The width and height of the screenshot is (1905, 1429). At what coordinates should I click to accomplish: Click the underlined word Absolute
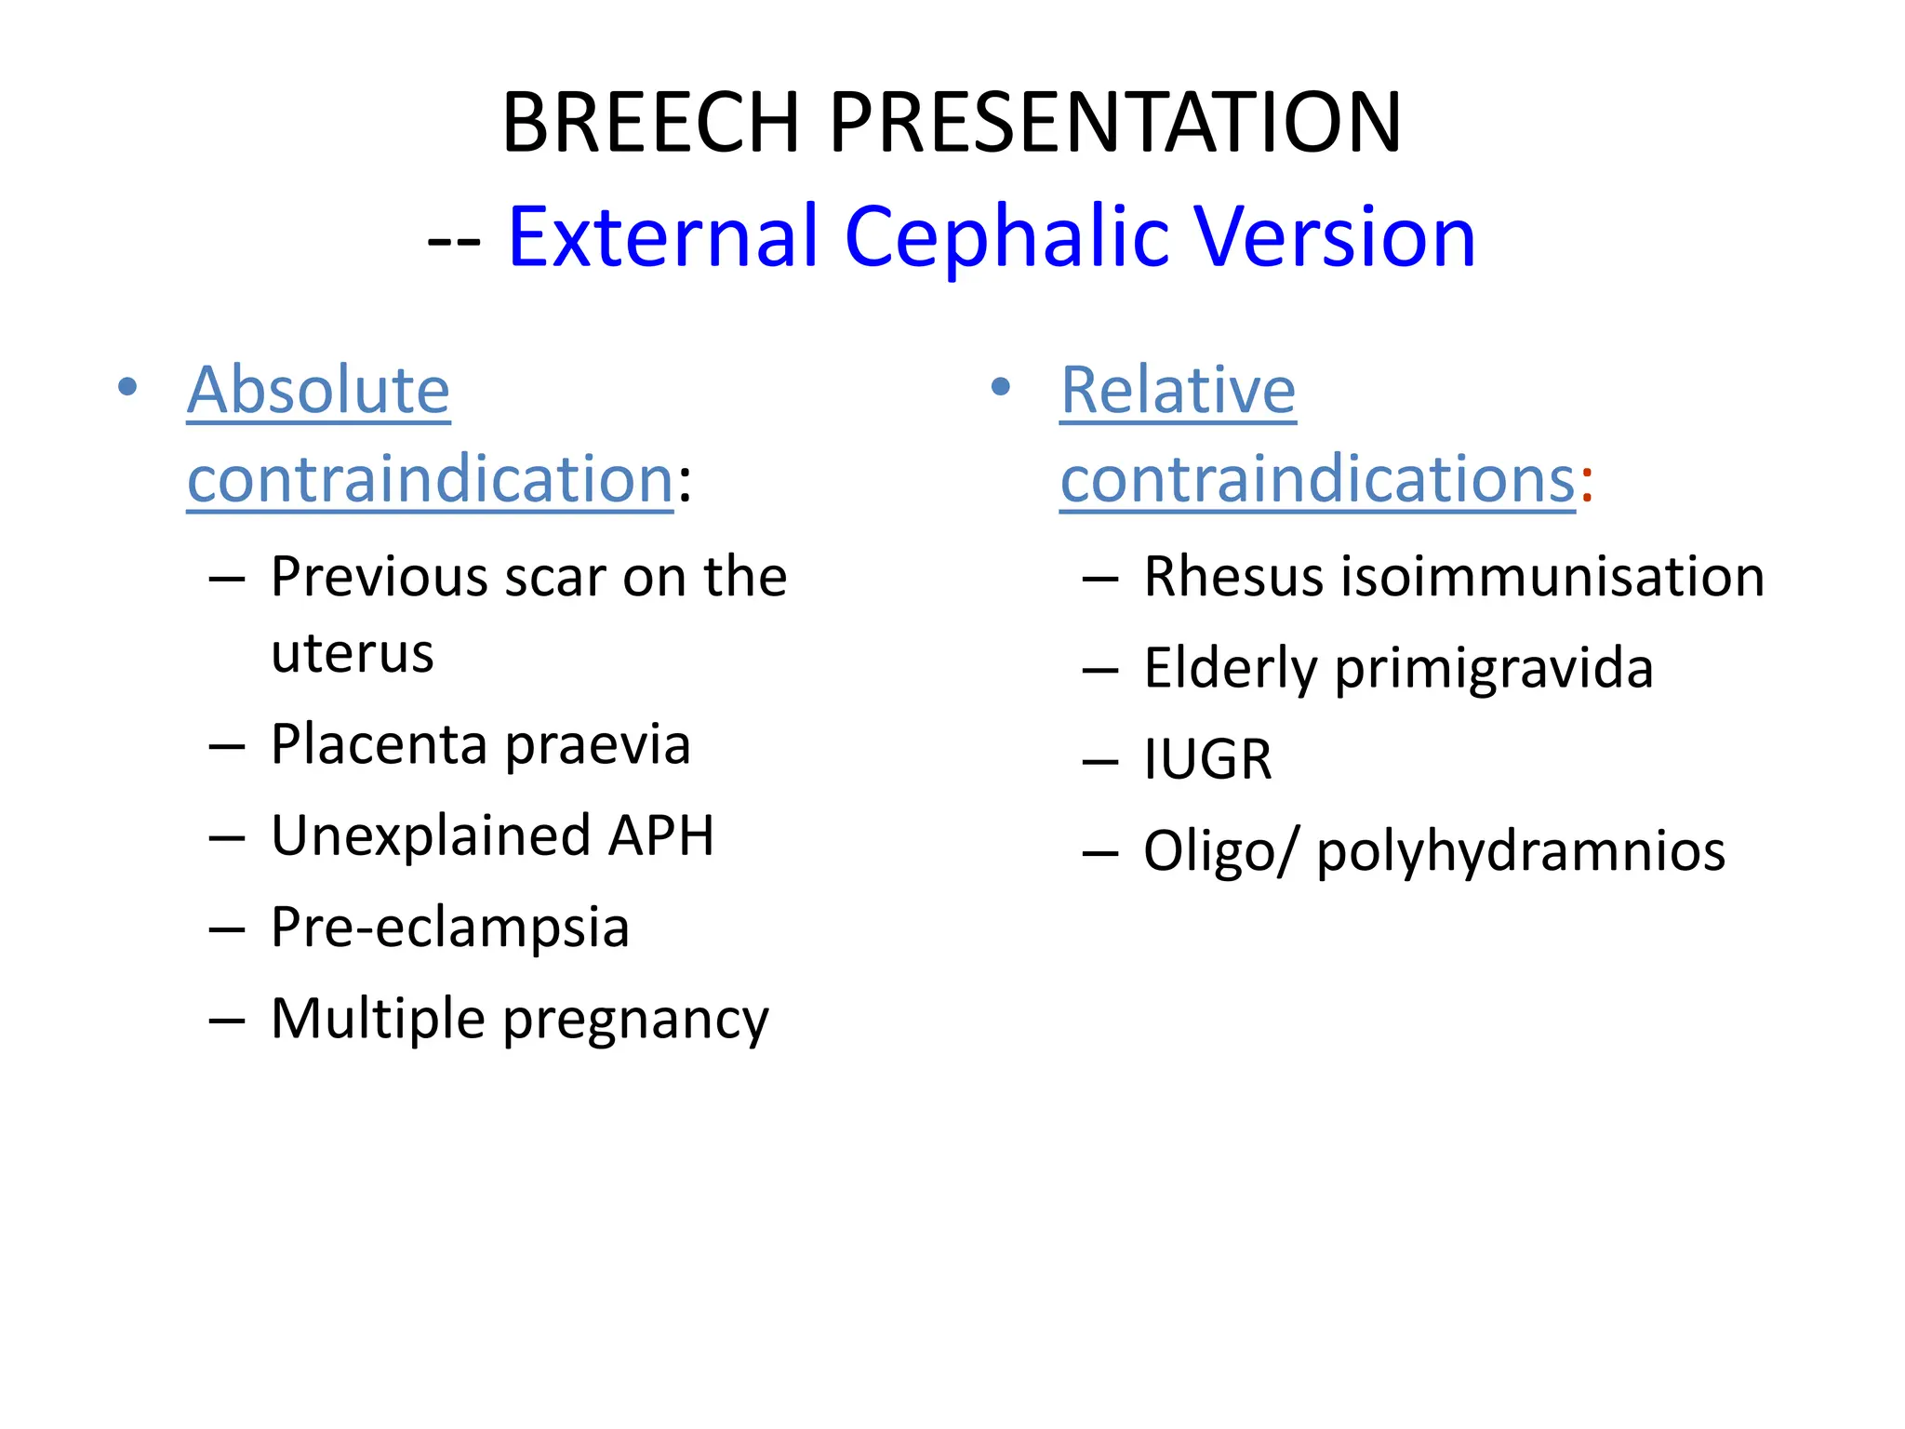tap(318, 390)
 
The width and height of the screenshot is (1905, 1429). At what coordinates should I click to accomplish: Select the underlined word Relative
tap(1178, 390)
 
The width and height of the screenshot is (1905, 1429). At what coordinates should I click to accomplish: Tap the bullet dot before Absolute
tap(127, 386)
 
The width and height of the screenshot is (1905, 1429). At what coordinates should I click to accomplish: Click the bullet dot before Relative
tap(1000, 386)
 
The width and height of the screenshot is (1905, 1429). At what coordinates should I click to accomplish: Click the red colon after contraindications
tap(1586, 484)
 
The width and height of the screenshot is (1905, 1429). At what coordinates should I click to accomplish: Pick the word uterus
tap(352, 653)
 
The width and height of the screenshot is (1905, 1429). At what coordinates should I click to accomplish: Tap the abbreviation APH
tap(660, 835)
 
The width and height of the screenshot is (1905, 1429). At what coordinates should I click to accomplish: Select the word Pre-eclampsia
tap(450, 928)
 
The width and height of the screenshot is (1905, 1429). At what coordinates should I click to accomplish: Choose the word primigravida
tap(1494, 669)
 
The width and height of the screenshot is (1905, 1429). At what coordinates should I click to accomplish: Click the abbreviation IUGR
tap(1207, 760)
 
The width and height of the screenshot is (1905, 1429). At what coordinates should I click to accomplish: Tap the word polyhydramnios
tap(1521, 851)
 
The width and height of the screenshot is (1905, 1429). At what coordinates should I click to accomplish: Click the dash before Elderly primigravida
tap(1099, 671)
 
